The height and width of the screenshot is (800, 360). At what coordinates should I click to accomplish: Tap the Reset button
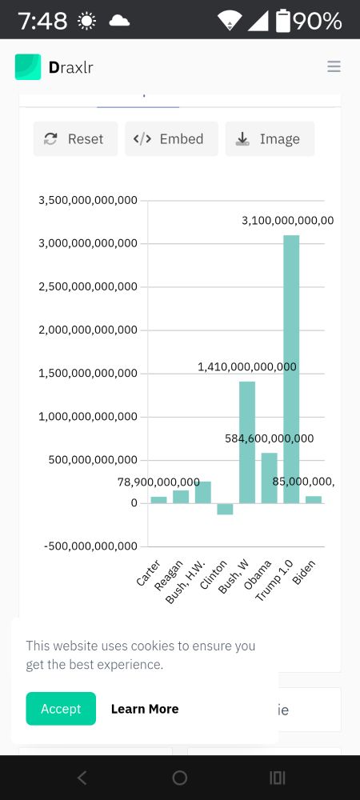click(75, 138)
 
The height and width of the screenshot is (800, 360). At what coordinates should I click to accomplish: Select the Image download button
click(270, 138)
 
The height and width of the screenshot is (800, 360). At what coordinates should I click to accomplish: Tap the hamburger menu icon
click(334, 66)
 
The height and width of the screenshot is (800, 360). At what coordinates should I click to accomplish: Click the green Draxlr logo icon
click(28, 67)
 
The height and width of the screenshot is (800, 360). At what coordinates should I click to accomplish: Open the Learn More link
click(144, 709)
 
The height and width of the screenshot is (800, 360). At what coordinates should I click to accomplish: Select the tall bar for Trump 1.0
click(291, 368)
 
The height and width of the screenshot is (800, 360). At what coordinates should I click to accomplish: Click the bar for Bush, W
click(247, 442)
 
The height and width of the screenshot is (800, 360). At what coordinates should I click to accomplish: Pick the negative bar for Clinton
click(225, 509)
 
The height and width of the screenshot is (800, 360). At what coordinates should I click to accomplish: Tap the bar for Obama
click(269, 478)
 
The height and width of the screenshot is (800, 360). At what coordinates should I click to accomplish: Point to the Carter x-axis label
click(149, 574)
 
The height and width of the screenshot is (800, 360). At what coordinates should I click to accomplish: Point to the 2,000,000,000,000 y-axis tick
click(88, 330)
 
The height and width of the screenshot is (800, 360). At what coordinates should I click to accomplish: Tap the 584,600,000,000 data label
click(269, 438)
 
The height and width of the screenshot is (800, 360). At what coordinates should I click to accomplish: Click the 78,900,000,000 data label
click(158, 482)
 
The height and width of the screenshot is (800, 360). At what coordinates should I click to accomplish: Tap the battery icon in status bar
click(283, 21)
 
